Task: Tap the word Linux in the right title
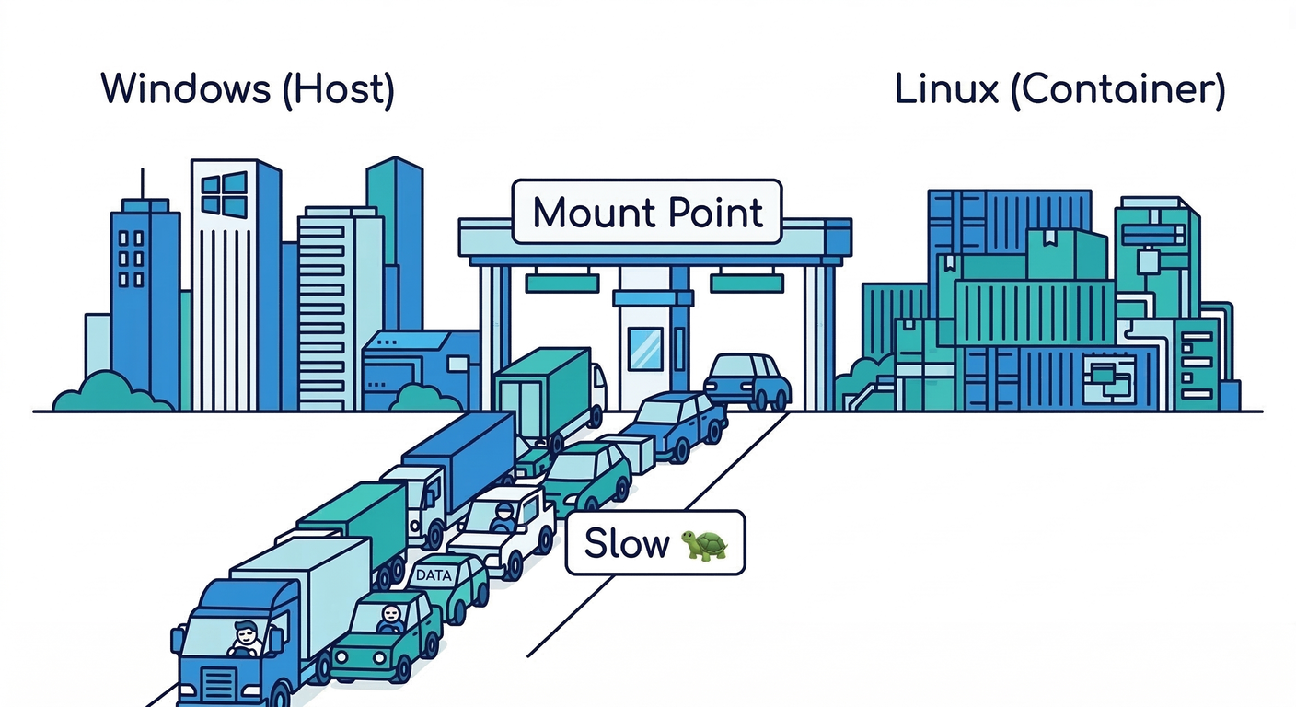946,89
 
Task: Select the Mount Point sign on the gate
647,213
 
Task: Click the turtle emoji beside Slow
703,544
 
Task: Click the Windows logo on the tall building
224,194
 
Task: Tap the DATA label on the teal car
434,574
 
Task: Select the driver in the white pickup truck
503,519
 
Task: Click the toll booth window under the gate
644,348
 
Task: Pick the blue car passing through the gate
747,379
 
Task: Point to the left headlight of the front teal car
349,659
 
